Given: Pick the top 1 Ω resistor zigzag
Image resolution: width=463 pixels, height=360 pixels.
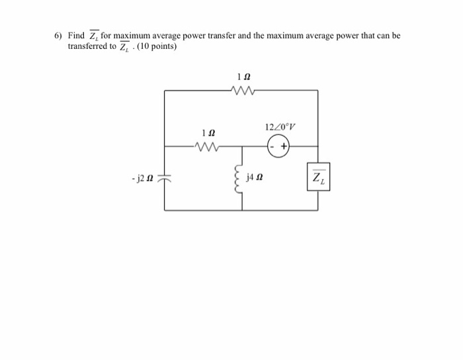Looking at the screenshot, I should [241, 91].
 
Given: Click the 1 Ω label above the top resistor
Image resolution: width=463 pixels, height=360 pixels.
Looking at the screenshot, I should [242, 77].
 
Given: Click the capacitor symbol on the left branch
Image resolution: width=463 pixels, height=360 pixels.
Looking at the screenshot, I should [165, 178].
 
